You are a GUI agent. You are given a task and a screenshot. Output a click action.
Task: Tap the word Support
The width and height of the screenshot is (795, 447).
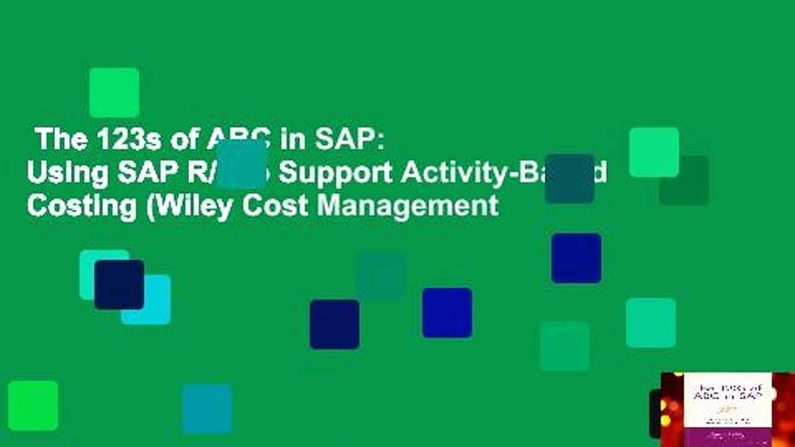(334, 174)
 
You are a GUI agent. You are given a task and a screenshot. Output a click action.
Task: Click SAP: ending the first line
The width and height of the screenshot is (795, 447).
(347, 142)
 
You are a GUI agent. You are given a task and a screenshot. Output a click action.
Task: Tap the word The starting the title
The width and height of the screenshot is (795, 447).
(60, 142)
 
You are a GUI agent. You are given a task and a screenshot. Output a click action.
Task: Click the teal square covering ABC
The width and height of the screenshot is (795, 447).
(242, 163)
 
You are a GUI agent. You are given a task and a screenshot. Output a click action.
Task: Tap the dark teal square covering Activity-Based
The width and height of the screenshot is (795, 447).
(570, 179)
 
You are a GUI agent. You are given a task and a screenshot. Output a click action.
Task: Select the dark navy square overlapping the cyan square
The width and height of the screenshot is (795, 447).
(119, 285)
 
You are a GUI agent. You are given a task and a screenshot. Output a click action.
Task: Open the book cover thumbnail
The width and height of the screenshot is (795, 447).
(727, 409)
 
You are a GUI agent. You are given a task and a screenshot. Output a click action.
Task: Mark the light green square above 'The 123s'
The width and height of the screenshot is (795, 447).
(114, 93)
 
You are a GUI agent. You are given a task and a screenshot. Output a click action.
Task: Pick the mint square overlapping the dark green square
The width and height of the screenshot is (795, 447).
(654, 152)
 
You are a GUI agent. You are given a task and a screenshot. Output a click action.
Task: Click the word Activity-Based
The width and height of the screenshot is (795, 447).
(503, 174)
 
